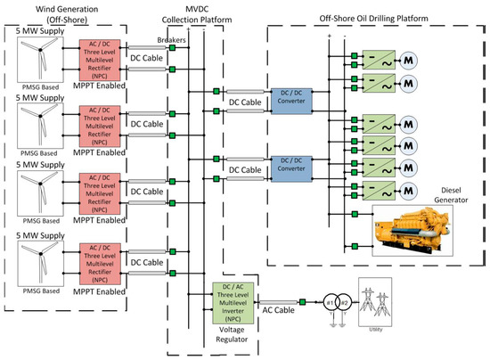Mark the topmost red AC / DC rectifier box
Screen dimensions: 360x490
click(x=102, y=61)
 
